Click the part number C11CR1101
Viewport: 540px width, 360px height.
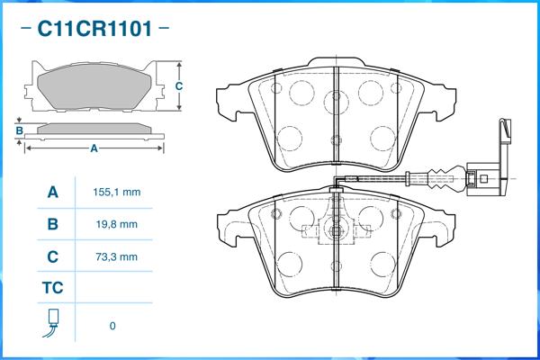[x=94, y=28]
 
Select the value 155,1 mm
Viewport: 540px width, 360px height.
[x=116, y=192]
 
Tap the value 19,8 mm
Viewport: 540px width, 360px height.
[x=116, y=224]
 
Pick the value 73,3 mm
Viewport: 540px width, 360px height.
[x=116, y=256]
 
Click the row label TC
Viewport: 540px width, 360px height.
[x=53, y=288]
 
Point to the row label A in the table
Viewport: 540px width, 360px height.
[x=53, y=192]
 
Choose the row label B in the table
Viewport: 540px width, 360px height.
[x=53, y=224]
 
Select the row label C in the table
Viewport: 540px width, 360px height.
[x=53, y=256]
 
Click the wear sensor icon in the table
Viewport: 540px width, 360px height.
[x=51, y=323]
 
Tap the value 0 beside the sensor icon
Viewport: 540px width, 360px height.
[x=112, y=326]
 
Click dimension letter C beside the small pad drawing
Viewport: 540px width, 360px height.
[x=179, y=86]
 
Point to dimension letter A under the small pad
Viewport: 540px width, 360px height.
[x=94, y=148]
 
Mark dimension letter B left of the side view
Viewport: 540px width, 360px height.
[x=20, y=130]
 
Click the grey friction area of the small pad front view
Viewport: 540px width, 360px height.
[x=94, y=86]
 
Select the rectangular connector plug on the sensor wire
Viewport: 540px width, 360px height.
[x=484, y=178]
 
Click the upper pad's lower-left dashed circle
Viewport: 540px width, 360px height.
[x=290, y=139]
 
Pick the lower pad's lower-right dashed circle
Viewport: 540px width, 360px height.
[x=383, y=265]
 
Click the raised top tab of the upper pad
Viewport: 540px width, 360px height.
[x=336, y=62]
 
